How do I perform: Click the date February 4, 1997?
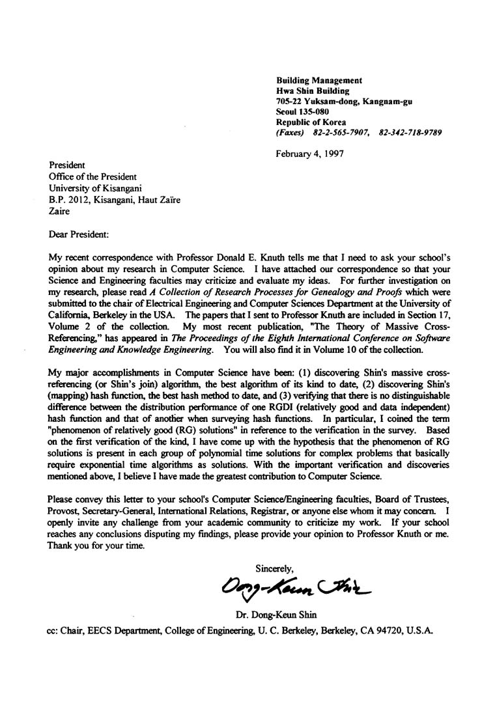point(309,154)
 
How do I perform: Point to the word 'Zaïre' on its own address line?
point(61,211)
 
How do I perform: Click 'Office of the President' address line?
point(93,177)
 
